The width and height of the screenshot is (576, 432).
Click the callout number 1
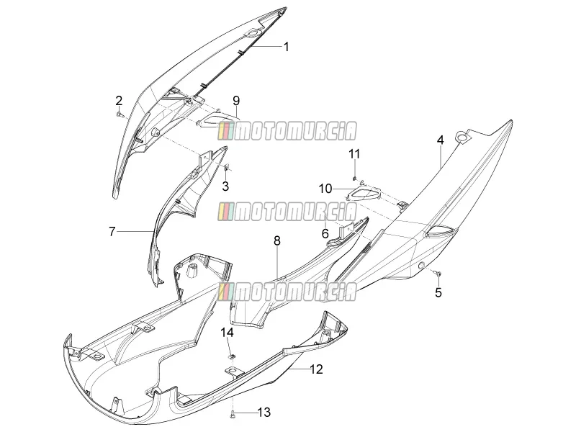coord(286,47)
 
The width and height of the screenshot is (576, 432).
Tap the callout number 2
coord(119,101)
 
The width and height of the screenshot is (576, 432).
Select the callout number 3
coord(225,186)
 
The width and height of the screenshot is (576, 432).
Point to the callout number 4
coord(440,140)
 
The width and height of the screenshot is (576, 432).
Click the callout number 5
coord(438,292)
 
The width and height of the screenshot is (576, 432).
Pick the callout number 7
coord(112,232)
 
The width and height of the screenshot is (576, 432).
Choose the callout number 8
coord(277,241)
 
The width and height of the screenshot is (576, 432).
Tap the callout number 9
coord(236,100)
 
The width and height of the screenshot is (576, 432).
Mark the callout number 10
coord(325,189)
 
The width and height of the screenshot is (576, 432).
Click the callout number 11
coord(354,153)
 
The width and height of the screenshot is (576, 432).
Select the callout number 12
coord(316,369)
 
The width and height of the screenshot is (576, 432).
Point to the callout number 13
coord(264,412)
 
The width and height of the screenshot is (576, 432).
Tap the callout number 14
coord(227,333)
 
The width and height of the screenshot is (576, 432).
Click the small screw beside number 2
coord(120,114)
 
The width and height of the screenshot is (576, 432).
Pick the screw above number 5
coord(438,273)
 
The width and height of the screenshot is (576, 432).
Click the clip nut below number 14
coord(231,356)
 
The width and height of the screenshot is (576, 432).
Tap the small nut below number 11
coord(354,178)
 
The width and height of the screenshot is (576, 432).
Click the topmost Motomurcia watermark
coord(287,131)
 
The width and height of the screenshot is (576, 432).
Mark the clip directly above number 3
coord(226,168)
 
